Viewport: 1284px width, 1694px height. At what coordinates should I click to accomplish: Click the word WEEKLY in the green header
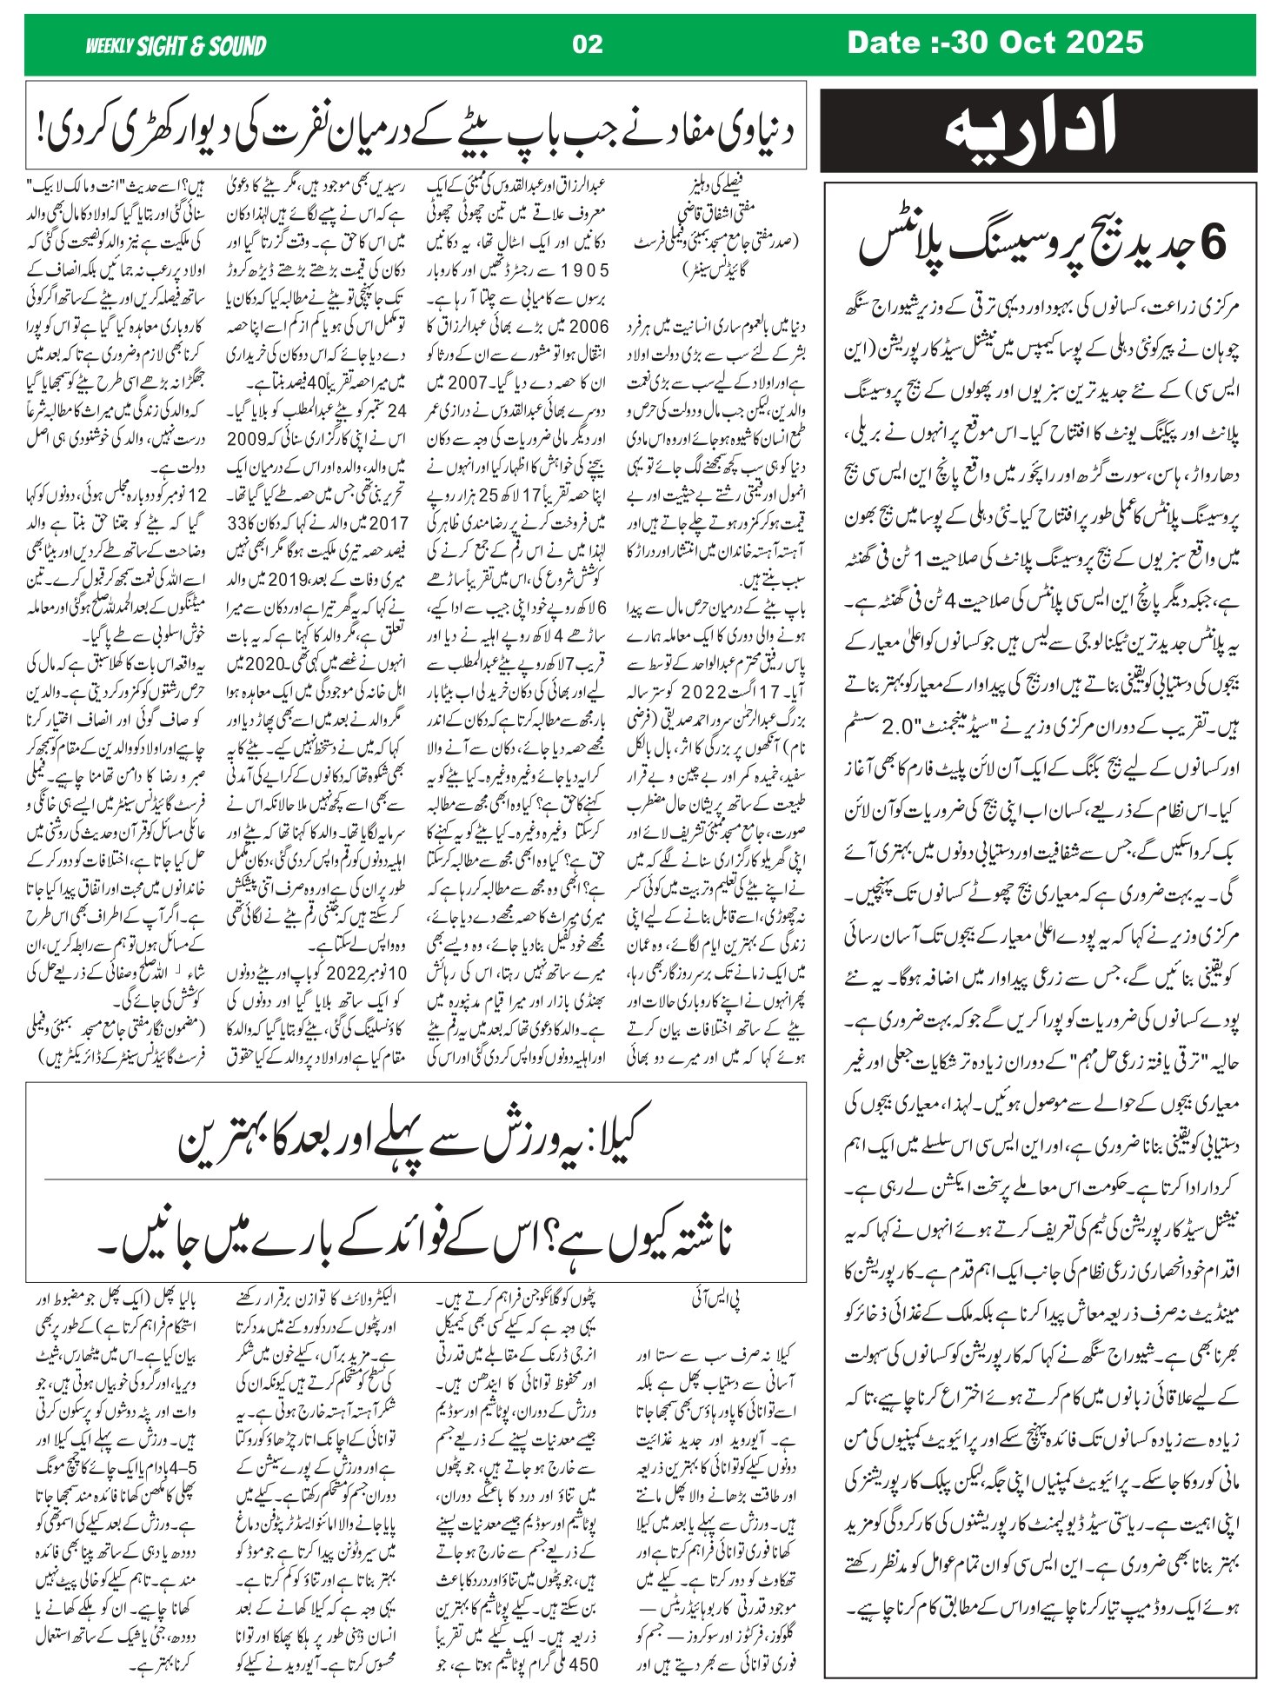point(109,45)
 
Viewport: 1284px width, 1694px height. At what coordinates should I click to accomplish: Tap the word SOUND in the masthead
point(236,45)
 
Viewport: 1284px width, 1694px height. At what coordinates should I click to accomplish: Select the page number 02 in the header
point(588,44)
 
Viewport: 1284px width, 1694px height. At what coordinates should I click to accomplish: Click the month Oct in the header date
point(1027,43)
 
